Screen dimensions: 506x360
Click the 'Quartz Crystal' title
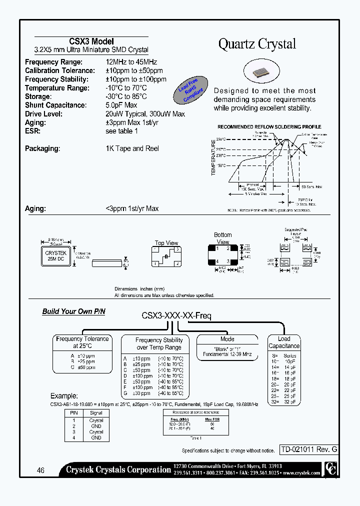tap(257, 44)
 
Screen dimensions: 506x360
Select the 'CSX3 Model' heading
tap(91, 41)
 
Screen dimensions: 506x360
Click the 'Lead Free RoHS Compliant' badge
tap(188, 90)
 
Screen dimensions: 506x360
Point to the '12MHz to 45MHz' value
tap(131, 62)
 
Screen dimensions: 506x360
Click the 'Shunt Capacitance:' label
tap(55, 105)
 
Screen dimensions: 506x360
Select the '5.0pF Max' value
tap(121, 105)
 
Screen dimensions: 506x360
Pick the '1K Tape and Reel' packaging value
tap(132, 148)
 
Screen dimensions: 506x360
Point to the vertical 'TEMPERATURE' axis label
tap(213, 157)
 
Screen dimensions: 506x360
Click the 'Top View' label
tap(166, 243)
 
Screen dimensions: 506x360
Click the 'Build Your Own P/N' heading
tap(73, 311)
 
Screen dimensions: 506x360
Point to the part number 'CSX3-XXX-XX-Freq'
tap(176, 316)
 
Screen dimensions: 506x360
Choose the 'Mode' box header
tap(227, 339)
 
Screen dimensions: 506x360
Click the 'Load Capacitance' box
tap(284, 342)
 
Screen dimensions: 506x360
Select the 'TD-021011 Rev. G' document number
tap(308, 449)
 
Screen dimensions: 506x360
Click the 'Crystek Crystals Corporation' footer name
tap(118, 469)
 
